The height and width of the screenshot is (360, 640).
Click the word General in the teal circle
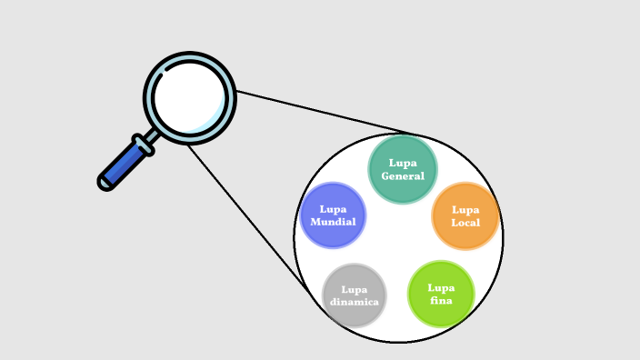(403, 176)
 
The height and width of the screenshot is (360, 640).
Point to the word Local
(465, 223)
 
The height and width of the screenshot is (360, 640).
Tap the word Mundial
(333, 222)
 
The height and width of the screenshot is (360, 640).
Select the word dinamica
(355, 301)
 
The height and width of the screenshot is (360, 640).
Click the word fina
(441, 300)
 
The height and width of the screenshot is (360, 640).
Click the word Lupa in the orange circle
(465, 210)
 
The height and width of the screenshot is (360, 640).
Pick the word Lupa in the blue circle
(333, 209)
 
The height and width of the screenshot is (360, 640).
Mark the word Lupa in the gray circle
(355, 289)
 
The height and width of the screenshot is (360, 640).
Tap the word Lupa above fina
(441, 287)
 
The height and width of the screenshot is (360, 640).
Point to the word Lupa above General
(403, 164)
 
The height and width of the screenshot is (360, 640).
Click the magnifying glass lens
(189, 96)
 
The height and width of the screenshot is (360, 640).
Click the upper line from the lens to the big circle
(327, 113)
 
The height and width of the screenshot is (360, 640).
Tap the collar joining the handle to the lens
(144, 145)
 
